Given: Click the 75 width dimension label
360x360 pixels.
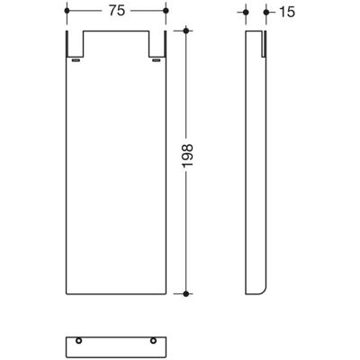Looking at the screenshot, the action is coord(116,11).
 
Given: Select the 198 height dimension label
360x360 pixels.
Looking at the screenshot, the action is coord(188,156).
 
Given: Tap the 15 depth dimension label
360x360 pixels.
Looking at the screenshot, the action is coord(287,13).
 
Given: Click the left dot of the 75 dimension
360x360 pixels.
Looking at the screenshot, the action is coord(67,11).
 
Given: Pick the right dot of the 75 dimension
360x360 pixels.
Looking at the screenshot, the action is coord(166,11).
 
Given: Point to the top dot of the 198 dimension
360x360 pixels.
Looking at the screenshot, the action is coord(186,31).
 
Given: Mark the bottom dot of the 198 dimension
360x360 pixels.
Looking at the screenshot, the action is coord(186,294).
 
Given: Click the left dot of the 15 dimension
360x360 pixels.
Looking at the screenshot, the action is coord(246,13).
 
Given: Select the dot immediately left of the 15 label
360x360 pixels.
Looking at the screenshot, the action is coord(266,13).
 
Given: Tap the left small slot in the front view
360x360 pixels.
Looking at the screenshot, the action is coord(76,60).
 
